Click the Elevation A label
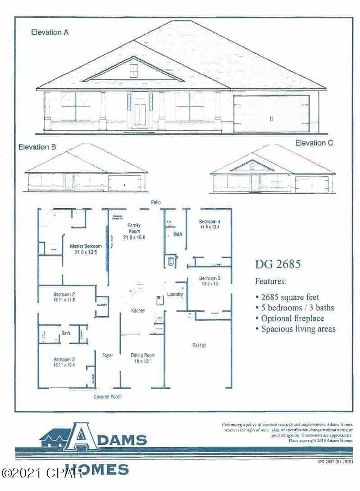[x=49, y=33]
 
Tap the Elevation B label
[x=37, y=147]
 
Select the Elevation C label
[x=314, y=143]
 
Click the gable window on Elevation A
[x=133, y=71]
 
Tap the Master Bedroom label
[x=85, y=249]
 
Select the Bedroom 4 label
[x=209, y=224]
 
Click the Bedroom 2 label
[x=64, y=297]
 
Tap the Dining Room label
[x=143, y=358]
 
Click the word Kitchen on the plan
[x=138, y=311]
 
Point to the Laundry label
[x=175, y=294]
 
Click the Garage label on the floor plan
[x=199, y=345]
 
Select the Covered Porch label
[x=108, y=396]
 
